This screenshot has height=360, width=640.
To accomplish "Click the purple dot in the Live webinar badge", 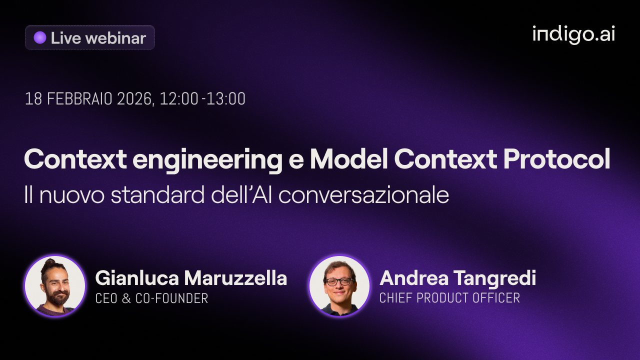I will click(40, 37).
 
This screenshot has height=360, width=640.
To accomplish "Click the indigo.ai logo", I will click(573, 34).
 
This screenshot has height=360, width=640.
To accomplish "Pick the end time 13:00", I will click(226, 99).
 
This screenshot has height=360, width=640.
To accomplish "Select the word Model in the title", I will click(348, 159).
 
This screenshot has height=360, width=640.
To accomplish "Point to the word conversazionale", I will click(363, 195).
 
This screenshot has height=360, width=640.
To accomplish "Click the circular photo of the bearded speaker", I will click(55, 286).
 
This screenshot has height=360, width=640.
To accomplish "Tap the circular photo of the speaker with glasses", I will click(339, 286).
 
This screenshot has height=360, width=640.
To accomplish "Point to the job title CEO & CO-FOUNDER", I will click(151, 298).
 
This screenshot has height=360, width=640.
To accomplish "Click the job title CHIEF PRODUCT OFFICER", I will click(449, 298).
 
